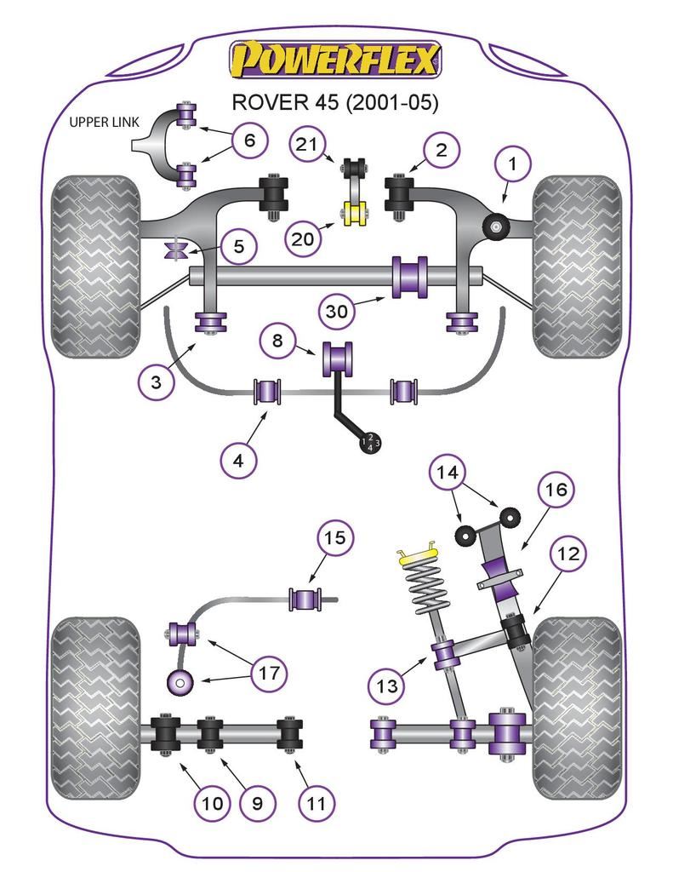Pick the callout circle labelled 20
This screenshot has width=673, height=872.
tap(302, 239)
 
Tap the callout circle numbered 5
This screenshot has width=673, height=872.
tap(238, 247)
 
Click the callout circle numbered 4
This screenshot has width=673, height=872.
tap(239, 461)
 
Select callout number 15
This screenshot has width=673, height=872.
tap(335, 538)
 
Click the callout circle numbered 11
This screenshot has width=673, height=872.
tap(316, 802)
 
